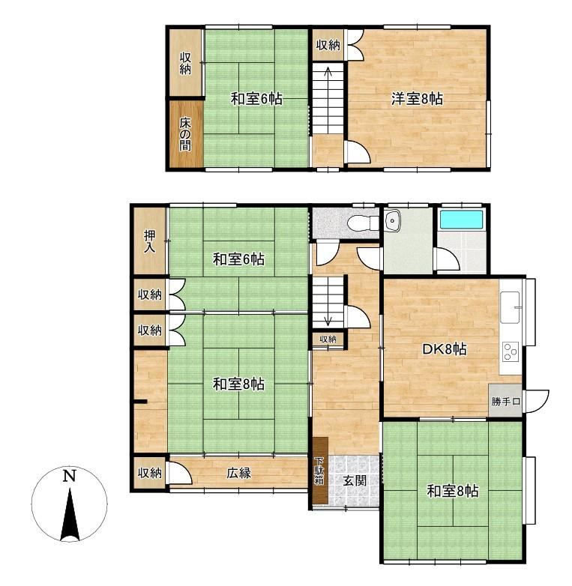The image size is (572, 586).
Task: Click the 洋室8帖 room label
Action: pyautogui.click(x=417, y=99)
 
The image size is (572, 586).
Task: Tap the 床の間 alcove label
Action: pyautogui.click(x=185, y=134)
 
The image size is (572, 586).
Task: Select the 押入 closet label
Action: pyautogui.click(x=149, y=241)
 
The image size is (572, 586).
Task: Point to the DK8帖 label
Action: pyautogui.click(x=444, y=349)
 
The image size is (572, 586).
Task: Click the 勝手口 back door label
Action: pyautogui.click(x=506, y=402)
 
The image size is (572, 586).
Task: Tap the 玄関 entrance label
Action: pyautogui.click(x=355, y=480)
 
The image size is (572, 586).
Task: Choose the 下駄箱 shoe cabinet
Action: pyautogui.click(x=320, y=470)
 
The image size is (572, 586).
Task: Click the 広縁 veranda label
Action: pyautogui.click(x=239, y=473)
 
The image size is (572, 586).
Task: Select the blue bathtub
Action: pyautogui.click(x=461, y=220)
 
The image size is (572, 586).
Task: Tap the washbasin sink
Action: pyautogui.click(x=392, y=220)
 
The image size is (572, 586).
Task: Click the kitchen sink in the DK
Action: pyautogui.click(x=510, y=307)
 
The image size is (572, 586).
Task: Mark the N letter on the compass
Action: pyautogui.click(x=70, y=476)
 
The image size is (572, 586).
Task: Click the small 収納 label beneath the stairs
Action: pyautogui.click(x=328, y=339)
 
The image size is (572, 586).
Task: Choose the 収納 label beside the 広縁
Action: pyautogui.click(x=150, y=473)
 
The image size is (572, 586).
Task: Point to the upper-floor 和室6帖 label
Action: pyautogui.click(x=256, y=99)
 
